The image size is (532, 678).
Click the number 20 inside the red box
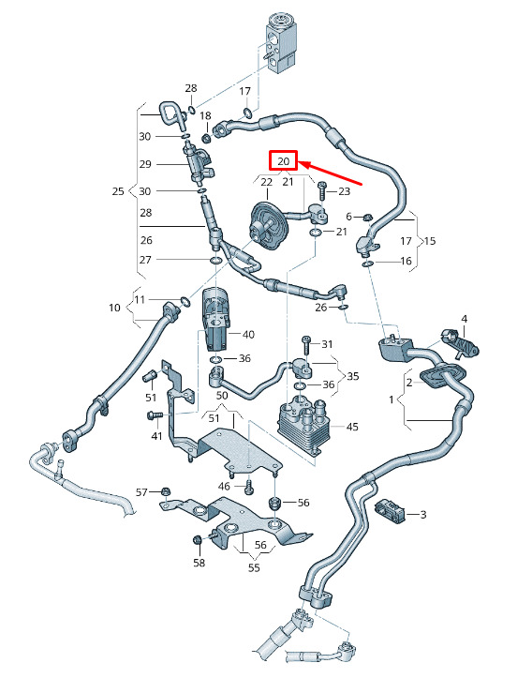[x=283, y=161]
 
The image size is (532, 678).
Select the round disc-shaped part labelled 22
[x=268, y=226]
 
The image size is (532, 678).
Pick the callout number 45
[x=352, y=427]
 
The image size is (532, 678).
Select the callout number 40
[x=248, y=334]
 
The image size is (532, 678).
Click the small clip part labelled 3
[x=391, y=511]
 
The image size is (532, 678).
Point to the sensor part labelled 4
[x=460, y=343]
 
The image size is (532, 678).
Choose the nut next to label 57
[x=165, y=491]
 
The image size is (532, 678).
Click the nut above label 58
[x=197, y=540]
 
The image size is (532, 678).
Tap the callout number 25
[x=118, y=191]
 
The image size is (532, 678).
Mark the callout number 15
[x=430, y=240]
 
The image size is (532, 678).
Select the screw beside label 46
[x=249, y=486]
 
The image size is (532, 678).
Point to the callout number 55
[x=254, y=566]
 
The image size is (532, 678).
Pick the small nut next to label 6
[x=367, y=217]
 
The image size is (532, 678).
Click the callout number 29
[x=145, y=164]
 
